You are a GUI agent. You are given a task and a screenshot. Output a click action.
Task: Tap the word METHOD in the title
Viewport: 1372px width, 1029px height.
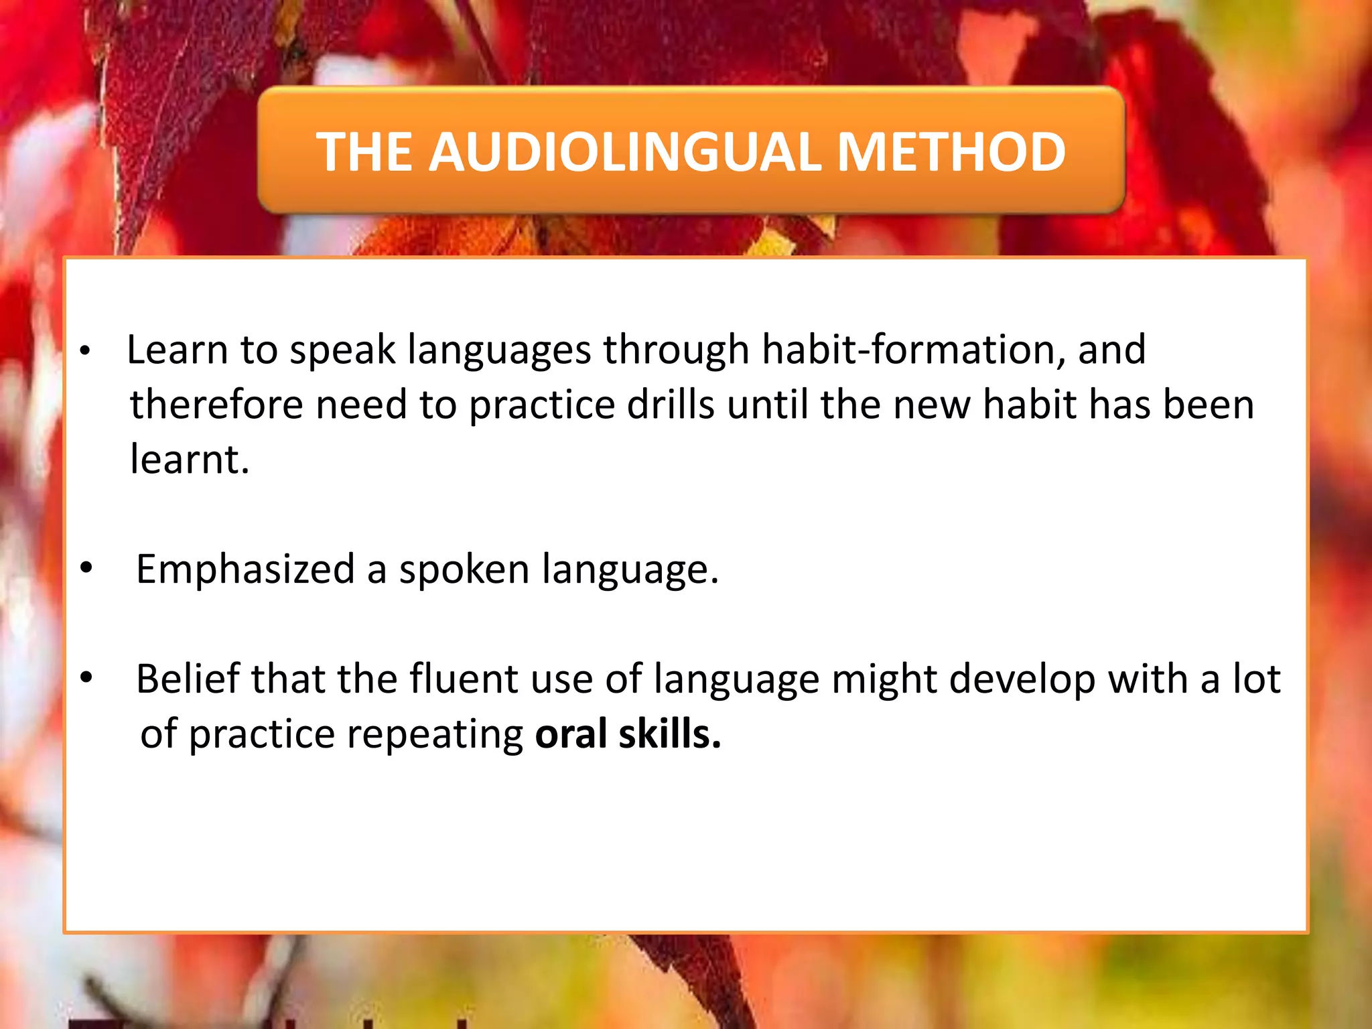[x=951, y=152]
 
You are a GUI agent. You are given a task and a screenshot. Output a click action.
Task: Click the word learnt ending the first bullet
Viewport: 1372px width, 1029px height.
[x=189, y=460]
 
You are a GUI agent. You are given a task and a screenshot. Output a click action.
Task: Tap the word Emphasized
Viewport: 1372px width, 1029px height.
[x=245, y=569]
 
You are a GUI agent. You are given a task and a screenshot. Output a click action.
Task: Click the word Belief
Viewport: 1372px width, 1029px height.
[x=188, y=679]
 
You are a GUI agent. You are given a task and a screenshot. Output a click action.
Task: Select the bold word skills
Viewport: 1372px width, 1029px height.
[x=670, y=734]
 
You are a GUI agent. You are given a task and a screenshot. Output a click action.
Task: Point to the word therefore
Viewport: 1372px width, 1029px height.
[x=216, y=405]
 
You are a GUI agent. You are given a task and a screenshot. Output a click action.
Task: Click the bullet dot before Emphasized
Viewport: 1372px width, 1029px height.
[x=86, y=568]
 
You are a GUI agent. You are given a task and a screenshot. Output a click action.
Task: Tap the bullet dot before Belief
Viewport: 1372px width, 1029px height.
[x=86, y=678]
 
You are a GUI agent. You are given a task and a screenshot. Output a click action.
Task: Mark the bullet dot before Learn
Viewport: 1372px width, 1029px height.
[x=84, y=351]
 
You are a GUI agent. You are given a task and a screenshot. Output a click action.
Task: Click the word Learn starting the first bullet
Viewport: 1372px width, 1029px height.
[x=177, y=350]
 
